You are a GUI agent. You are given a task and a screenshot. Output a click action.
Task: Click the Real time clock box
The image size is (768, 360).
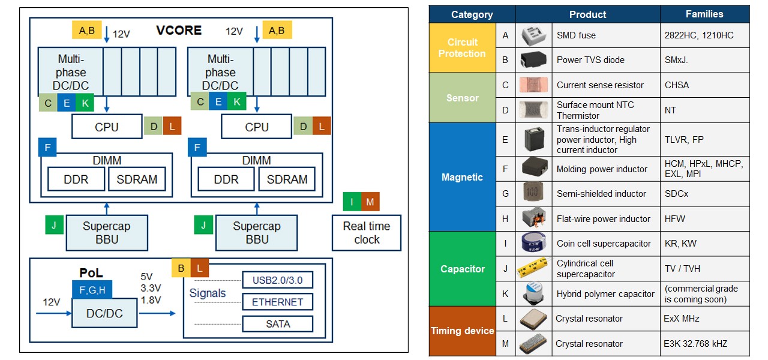click(x=367, y=233)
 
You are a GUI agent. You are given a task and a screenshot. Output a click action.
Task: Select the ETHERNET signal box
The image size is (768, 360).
click(x=277, y=302)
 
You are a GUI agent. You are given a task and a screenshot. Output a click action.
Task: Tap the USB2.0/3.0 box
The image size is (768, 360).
click(x=277, y=280)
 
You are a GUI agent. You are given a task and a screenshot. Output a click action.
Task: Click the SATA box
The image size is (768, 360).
click(x=277, y=324)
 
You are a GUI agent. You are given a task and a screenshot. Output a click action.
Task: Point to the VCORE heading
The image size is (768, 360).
click(x=179, y=31)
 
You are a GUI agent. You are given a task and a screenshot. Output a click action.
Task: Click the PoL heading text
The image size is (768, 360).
click(x=92, y=273)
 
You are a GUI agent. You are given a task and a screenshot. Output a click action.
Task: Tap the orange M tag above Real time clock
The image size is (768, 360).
click(x=370, y=202)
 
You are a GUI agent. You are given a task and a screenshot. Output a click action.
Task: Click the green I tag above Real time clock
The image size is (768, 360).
click(x=352, y=202)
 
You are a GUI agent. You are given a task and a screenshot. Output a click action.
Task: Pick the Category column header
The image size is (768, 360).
click(x=472, y=14)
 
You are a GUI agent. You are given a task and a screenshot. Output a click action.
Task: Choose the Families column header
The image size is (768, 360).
click(x=704, y=14)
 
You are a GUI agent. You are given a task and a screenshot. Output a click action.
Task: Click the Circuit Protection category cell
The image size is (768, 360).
click(x=462, y=48)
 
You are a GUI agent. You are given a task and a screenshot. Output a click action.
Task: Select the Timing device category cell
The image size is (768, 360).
click(x=462, y=331)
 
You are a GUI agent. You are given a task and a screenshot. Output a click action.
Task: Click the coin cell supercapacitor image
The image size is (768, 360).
click(x=533, y=244)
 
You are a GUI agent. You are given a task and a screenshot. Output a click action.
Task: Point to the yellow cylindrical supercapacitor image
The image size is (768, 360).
click(x=533, y=268)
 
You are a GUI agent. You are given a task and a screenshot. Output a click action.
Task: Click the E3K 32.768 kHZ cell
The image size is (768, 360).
click(x=704, y=344)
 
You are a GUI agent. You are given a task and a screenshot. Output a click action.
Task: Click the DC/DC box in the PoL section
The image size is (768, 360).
click(x=106, y=313)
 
